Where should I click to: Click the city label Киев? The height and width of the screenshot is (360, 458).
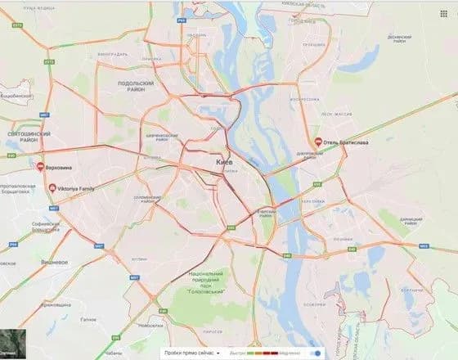click(227, 164)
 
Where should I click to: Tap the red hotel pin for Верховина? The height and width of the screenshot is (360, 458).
click(40, 167)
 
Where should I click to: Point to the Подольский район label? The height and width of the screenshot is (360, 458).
click(136, 88)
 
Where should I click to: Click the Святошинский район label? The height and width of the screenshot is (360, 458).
click(28, 137)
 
